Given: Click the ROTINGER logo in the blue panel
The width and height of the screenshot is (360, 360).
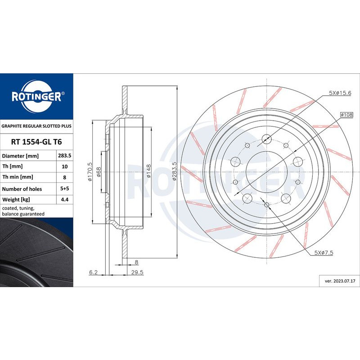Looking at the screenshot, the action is [37, 96].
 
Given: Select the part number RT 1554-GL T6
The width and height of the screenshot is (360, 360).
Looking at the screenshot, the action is [36, 142].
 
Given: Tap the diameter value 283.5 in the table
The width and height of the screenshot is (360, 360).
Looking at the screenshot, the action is [64, 155].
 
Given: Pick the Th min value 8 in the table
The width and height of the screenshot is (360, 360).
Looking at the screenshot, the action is [64, 177].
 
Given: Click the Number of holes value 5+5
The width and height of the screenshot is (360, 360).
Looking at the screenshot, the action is [64, 188].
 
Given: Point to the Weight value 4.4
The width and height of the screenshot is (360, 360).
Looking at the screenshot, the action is [64, 199].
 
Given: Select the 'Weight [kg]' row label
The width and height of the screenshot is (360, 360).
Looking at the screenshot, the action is [16, 199].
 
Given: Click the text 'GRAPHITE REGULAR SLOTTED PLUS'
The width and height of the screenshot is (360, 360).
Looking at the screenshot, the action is [36, 126].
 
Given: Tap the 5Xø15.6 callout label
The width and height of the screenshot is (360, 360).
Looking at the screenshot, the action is [340, 93].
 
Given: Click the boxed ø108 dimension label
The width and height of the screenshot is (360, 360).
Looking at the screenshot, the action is [346, 114].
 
